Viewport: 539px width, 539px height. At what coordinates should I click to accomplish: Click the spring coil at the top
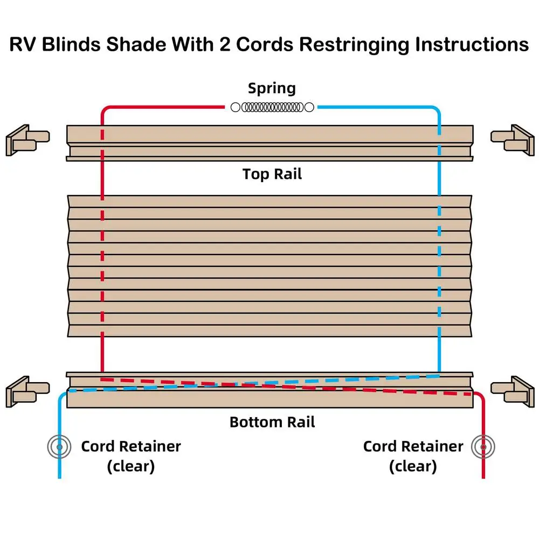pos(272,107)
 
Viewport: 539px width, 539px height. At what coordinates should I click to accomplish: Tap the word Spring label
pos(272,88)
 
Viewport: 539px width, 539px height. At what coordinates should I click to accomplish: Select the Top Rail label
pos(272,174)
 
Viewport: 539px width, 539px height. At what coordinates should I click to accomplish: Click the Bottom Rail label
pos(272,421)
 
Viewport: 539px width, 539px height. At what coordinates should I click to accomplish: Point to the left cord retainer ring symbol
pos(59,446)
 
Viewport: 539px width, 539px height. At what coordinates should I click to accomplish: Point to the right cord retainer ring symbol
pos(483,446)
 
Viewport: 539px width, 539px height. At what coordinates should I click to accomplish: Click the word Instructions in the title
pos(472,44)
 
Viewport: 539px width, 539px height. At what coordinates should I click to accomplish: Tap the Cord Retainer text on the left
pos(131,446)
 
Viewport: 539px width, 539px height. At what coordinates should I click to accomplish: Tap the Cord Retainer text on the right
pos(413,446)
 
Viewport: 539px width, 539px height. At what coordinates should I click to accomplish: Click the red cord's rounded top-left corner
pos(104,110)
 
